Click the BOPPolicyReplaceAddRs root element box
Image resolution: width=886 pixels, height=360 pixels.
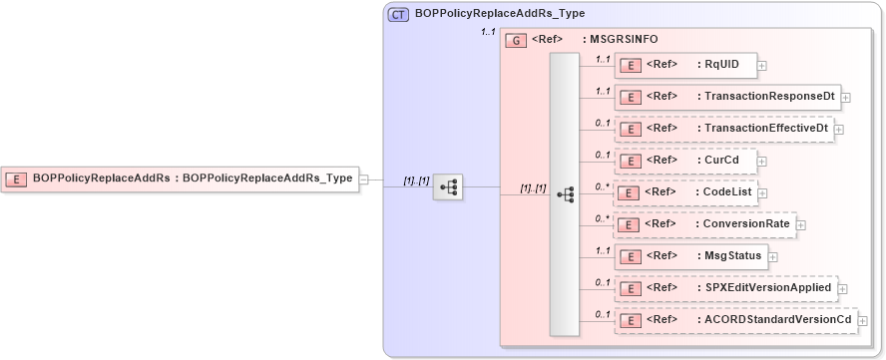180,179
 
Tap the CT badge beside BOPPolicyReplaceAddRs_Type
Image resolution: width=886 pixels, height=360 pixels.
398,14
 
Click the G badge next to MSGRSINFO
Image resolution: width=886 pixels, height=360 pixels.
516,40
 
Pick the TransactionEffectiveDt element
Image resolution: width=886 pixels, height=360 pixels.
722,129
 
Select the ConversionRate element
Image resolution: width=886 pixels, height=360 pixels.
703,224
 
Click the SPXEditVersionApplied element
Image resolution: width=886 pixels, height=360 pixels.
724,288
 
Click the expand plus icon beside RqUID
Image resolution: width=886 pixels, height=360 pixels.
762,66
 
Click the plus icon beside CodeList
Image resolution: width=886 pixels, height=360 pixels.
762,193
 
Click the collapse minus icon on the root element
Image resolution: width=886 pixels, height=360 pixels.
363,180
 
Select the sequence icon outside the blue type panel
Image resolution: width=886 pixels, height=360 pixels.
448,186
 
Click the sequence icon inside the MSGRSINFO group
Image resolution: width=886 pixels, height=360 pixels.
565,194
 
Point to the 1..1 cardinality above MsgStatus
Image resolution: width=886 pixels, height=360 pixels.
602,250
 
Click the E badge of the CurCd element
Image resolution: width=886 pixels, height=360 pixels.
631,161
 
